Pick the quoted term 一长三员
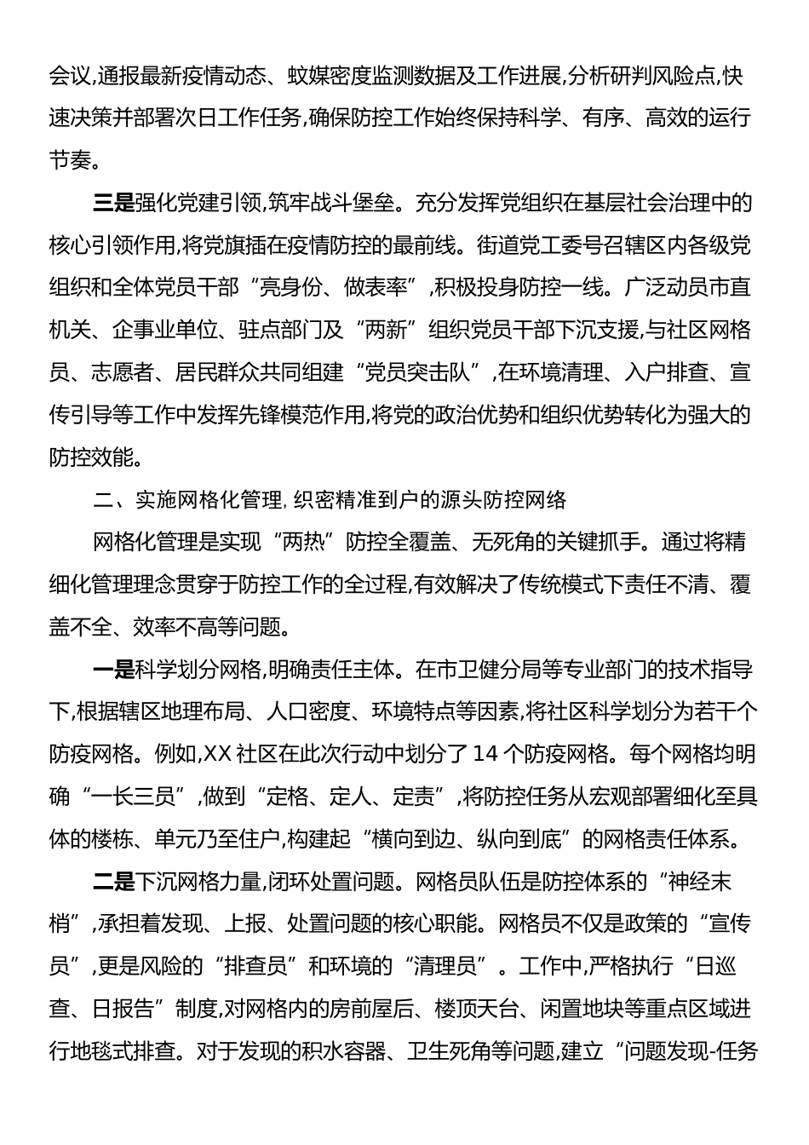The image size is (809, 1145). pos(141,797)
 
